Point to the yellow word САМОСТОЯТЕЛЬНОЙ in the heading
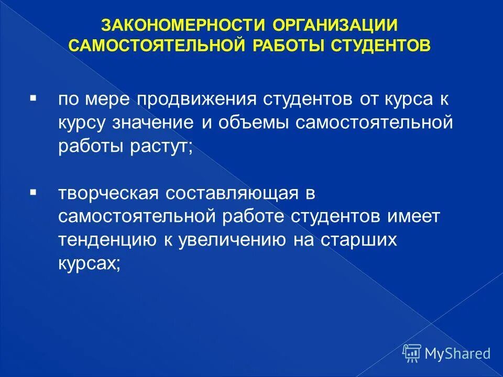click(x=157, y=45)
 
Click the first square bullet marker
click(x=33, y=97)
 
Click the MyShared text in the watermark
click(x=457, y=353)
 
